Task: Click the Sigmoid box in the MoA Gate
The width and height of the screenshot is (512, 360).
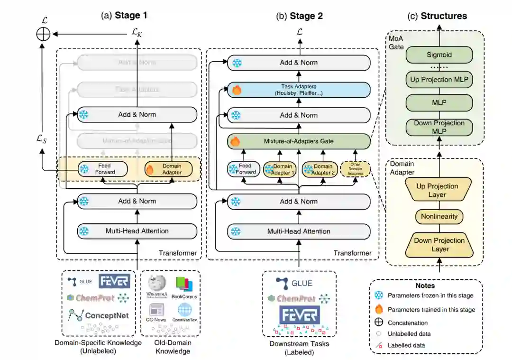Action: click(x=439, y=55)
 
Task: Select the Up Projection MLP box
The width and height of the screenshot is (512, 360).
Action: click(x=439, y=80)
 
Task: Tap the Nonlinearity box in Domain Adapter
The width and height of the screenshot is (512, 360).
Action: click(x=439, y=216)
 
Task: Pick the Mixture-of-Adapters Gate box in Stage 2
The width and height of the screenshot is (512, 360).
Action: click(x=299, y=141)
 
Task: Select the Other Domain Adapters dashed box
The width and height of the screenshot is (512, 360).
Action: click(x=354, y=169)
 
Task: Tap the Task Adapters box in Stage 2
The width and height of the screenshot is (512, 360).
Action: click(x=299, y=89)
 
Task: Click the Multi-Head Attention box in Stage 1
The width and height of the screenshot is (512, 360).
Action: click(x=137, y=231)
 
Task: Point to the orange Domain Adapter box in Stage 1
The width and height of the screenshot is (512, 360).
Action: click(x=169, y=169)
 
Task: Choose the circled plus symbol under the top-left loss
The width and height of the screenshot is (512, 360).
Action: click(x=43, y=34)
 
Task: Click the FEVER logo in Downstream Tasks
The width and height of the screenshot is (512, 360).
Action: click(x=299, y=315)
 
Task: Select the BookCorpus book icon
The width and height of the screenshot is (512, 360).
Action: click(x=184, y=284)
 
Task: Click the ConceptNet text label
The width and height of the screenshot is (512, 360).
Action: click(x=107, y=315)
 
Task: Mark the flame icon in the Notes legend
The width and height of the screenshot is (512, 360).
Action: click(x=379, y=309)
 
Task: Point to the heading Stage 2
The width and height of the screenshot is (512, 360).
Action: click(x=300, y=16)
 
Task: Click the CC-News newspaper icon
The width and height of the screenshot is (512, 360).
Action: click(x=156, y=310)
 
